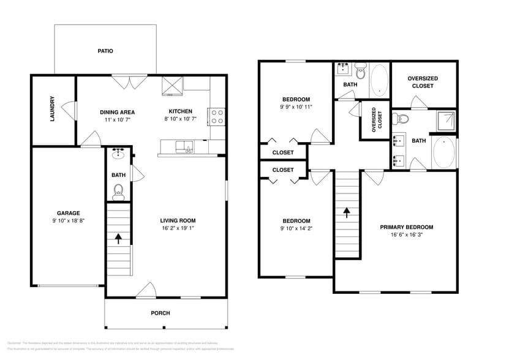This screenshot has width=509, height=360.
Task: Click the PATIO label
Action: point(105,51)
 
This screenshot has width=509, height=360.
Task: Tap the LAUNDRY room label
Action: point(53,108)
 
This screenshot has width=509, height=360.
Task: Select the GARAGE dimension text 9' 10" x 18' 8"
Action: point(68,220)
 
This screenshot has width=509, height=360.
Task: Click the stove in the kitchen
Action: point(217,116)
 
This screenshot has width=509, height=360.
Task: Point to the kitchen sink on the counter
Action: point(183,146)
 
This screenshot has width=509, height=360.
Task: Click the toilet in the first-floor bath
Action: point(118,192)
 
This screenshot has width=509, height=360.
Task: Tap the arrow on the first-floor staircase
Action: point(118,236)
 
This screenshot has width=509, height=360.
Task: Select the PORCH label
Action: point(160,313)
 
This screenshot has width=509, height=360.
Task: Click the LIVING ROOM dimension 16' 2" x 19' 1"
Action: point(178,228)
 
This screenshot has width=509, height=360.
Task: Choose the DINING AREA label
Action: point(117,112)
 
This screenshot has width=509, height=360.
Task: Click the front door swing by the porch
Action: point(146,290)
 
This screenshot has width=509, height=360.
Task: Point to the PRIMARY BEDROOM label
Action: point(406,227)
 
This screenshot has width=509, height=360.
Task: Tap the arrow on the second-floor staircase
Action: point(347,212)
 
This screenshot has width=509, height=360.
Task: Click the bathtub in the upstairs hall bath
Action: point(379,80)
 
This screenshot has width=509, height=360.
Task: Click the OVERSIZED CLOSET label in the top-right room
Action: point(423,82)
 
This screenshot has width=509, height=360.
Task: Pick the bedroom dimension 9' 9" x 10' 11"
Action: point(296,107)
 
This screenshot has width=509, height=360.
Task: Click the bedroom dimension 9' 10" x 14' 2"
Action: point(296,228)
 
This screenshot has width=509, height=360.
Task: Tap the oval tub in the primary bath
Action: point(445,152)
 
